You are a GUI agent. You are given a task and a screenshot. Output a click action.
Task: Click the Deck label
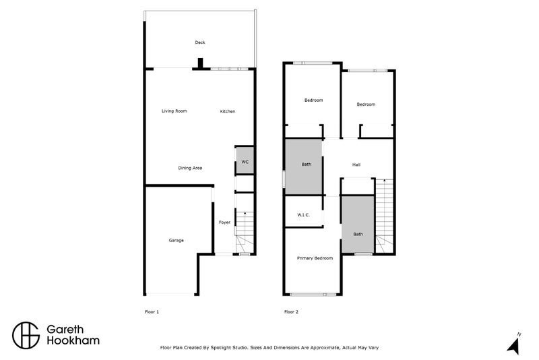tap(199, 42)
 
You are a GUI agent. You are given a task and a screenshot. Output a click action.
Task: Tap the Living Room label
tap(174, 111)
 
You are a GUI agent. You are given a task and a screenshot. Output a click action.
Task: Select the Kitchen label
tap(228, 111)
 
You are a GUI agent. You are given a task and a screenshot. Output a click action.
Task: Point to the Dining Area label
tap(190, 168)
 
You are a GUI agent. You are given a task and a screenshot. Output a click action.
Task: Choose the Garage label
tap(176, 240)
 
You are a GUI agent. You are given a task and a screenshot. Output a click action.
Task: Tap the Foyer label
tap(224, 222)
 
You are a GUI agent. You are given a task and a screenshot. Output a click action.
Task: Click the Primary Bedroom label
tap(315, 258)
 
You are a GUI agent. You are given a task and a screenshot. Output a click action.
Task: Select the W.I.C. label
tap(303, 215)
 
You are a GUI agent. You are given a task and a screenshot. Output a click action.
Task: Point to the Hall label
tap(356, 164)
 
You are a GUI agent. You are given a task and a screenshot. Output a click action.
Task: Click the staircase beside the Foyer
tap(245, 233)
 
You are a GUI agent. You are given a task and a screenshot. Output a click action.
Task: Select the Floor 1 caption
tap(152, 312)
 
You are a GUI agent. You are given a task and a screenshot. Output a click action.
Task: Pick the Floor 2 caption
tap(291, 312)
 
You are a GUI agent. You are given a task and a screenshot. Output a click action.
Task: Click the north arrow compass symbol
tap(513, 345)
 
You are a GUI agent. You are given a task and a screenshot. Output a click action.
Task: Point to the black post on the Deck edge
tap(199, 64)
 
